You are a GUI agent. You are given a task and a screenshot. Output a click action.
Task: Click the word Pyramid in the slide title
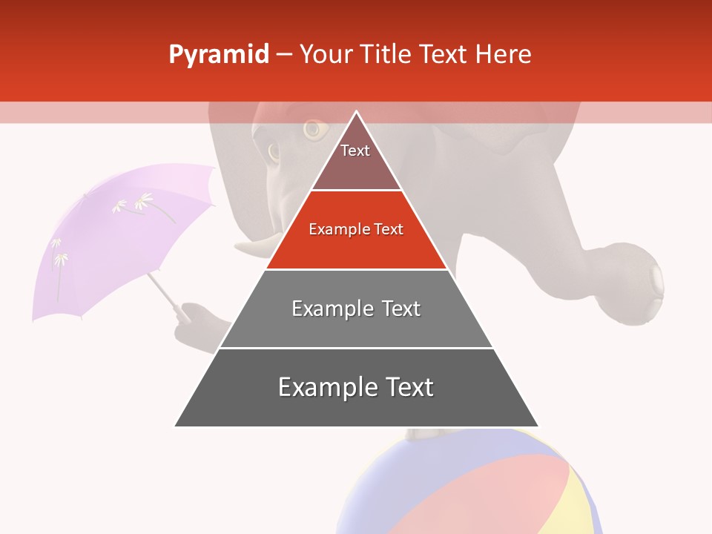tap(218, 55)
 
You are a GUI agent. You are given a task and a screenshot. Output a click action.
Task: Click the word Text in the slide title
tap(444, 54)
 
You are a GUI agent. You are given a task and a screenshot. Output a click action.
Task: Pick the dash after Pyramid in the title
tap(284, 55)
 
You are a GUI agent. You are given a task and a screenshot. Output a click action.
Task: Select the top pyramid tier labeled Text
tap(356, 159)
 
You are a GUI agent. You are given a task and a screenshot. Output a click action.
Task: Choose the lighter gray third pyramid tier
tap(356, 315)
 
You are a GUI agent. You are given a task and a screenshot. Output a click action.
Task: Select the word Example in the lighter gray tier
tap(331, 309)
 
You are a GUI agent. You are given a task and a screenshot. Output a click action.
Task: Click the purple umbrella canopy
tap(111, 237)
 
